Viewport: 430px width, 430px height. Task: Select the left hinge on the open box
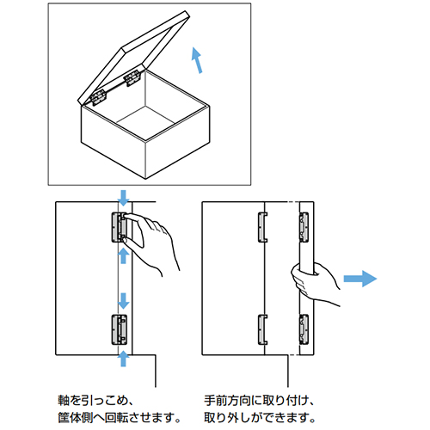coord(98,93)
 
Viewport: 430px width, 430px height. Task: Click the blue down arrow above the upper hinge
coord(122,197)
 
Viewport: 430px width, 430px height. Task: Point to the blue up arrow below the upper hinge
coord(122,255)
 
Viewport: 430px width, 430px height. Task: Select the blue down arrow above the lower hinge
coord(122,301)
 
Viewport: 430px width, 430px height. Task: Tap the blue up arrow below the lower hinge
coord(122,356)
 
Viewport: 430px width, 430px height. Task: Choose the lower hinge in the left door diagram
coord(120,329)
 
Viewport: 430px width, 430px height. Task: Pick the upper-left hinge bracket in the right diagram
coord(261,225)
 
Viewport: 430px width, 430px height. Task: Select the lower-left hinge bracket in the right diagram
coord(261,329)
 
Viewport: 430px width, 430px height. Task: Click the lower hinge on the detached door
coord(302,329)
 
